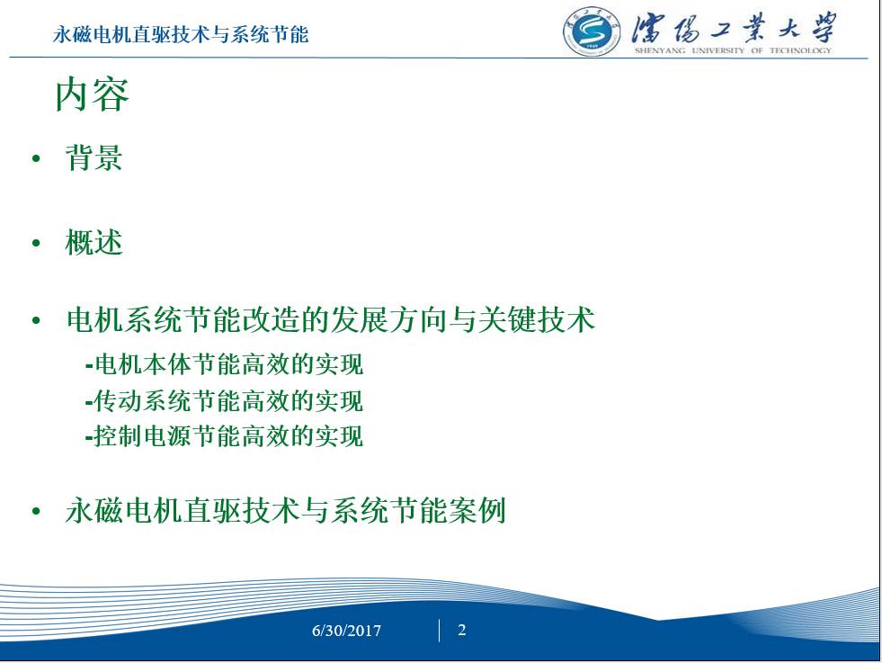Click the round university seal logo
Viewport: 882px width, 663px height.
(592, 31)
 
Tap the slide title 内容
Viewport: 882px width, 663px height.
(93, 94)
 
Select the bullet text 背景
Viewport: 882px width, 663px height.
(94, 157)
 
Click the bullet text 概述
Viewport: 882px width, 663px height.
(94, 243)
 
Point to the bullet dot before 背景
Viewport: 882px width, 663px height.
(37, 158)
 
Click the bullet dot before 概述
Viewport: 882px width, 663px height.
(37, 243)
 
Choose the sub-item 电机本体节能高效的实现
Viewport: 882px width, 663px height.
(225, 364)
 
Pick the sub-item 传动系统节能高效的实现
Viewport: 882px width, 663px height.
(225, 400)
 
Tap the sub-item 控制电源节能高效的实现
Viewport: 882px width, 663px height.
(225, 436)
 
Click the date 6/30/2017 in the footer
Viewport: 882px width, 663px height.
(346, 631)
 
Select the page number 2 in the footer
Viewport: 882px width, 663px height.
(462, 630)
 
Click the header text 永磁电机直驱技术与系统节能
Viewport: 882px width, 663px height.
(181, 34)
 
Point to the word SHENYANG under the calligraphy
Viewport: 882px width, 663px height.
(660, 50)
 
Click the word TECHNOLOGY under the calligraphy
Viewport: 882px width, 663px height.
(800, 50)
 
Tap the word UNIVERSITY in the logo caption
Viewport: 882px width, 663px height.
(717, 50)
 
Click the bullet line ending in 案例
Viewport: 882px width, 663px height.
(286, 510)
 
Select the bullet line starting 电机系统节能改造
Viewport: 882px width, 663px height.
(331, 319)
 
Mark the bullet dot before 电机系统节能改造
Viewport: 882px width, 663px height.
(37, 321)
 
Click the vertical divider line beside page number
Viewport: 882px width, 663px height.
(439, 631)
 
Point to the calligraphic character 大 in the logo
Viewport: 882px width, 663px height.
(789, 27)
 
